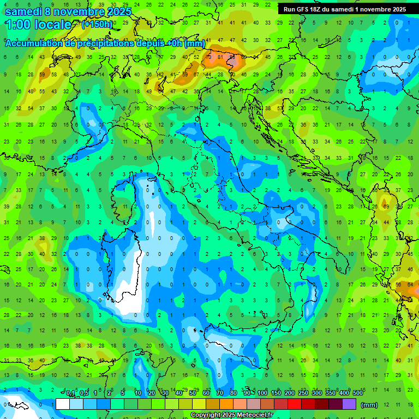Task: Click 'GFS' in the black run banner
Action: pyautogui.click(x=306, y=9)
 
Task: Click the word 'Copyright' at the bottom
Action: pyautogui.click(x=206, y=415)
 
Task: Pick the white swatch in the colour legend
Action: pyautogui.click(x=63, y=404)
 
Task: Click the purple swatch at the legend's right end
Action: pyautogui.click(x=349, y=404)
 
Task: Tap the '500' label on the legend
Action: pyautogui.click(x=358, y=393)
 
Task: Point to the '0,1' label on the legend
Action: pyautogui.click(x=70, y=393)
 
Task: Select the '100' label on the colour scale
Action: pyautogui.click(x=262, y=393)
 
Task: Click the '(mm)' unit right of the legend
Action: pyautogui.click(x=369, y=405)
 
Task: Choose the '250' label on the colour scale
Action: pyautogui.click(x=303, y=393)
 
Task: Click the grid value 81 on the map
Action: pyautogui.click(x=220, y=57)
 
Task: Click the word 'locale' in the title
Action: pyautogui.click(x=52, y=25)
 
